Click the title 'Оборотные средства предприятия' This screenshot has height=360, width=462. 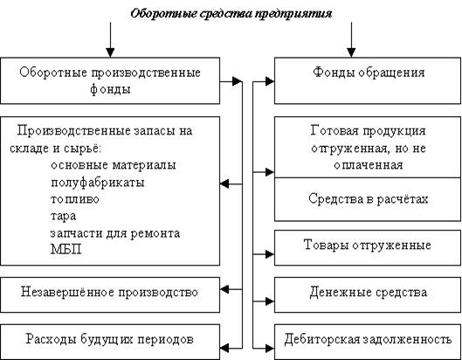pos(231,14)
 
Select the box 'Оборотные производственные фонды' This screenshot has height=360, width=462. pos(110,80)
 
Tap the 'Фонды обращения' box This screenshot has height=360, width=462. pos(368,80)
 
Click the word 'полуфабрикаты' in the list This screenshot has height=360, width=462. pos(98,183)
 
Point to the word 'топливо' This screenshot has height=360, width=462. pos(75,199)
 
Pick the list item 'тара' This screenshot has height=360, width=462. pos(63,216)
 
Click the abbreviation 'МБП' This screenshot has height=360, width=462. pos(66,249)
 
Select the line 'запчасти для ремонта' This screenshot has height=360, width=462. pos(115,233)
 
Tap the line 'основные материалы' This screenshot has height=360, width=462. pos(114,165)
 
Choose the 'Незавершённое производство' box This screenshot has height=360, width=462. pos(110,294)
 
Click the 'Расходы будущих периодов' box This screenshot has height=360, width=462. pos(110,342)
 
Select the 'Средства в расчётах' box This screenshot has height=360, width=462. pos(368,199)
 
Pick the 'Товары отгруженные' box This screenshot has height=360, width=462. pos(368,247)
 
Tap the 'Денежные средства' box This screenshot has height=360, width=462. pos(368,294)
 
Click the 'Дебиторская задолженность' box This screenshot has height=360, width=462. pos(368,342)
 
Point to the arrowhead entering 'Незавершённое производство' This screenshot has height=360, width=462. pos(224,289)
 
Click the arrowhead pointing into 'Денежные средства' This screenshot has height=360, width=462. pos(270,301)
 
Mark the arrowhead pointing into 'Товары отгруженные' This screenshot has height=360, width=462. pos(270,254)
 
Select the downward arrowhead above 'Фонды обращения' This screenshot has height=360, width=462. pos(351,52)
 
